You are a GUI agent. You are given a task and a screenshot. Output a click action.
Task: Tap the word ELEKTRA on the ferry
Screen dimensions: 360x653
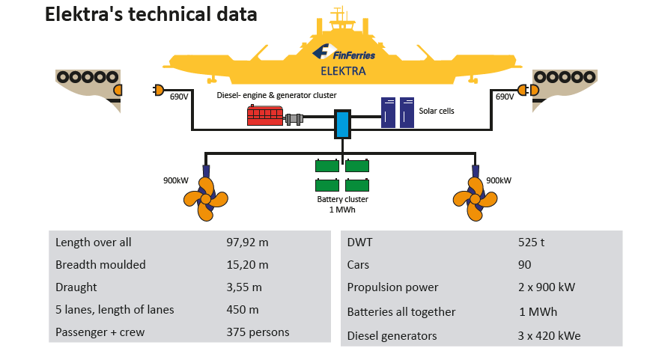coord(343,72)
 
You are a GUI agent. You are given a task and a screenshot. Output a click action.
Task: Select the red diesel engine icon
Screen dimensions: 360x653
coord(265,116)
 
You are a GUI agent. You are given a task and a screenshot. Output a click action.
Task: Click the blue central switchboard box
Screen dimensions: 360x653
coord(342,124)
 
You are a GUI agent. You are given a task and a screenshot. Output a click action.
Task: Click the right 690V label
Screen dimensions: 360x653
coord(505,97)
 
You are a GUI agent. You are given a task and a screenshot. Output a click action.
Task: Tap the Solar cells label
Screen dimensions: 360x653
coord(437,111)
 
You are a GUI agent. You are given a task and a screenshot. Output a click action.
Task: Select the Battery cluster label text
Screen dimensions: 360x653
coord(342,200)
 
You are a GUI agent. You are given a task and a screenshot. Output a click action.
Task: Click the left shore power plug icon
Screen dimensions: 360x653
coord(158,90)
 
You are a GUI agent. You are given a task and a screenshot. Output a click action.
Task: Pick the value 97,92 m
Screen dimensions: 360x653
coord(247,242)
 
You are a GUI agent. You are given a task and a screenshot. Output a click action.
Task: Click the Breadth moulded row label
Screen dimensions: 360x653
coord(100,265)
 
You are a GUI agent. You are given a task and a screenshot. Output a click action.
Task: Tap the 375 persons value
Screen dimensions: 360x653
coord(258,332)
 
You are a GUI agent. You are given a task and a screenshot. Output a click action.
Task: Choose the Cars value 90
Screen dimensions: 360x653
coord(524,265)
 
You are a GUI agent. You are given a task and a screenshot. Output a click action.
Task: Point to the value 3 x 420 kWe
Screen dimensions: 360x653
coord(549,336)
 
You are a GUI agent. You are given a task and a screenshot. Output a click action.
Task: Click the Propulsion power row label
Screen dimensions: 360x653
coord(392,287)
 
